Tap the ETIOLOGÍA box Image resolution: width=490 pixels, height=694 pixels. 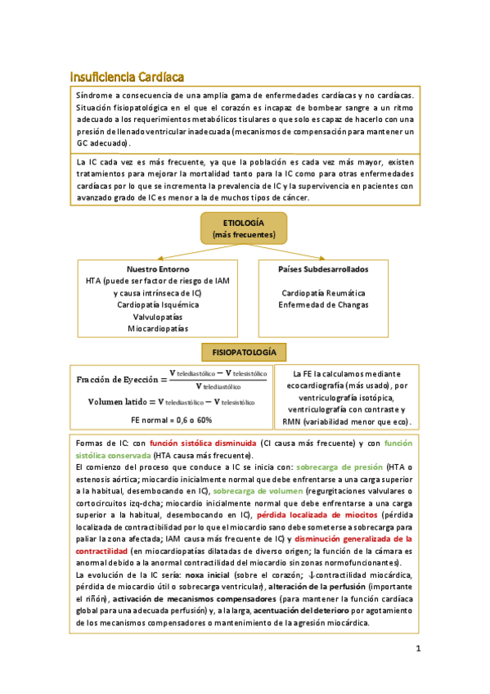[244, 228]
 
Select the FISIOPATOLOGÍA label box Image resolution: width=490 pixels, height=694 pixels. [244, 352]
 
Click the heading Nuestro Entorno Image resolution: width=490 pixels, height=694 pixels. [158, 268]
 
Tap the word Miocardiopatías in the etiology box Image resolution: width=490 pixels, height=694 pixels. [158, 328]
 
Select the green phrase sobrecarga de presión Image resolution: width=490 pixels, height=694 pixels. [331, 466]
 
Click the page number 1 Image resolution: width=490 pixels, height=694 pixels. [417, 651]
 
